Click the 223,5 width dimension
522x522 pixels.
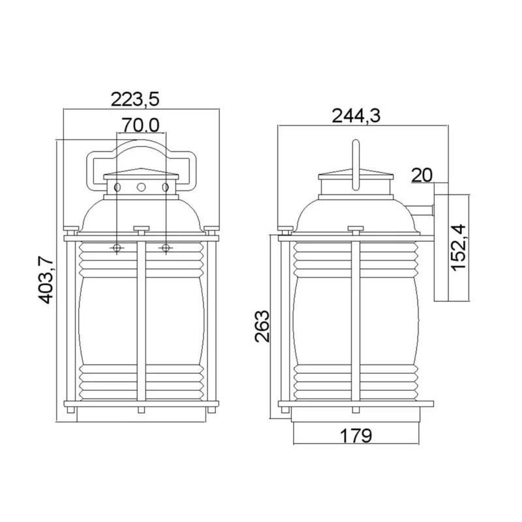click(135, 99)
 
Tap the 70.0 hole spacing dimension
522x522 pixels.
click(140, 125)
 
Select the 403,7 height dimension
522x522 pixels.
click(46, 280)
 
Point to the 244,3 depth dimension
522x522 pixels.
click(356, 116)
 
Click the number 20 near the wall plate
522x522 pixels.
click(422, 175)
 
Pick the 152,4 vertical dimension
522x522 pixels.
click(459, 248)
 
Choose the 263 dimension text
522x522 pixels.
click(262, 326)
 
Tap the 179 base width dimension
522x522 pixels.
click(356, 435)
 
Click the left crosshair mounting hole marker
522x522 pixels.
click(117, 248)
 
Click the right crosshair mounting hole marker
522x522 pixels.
click(166, 248)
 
